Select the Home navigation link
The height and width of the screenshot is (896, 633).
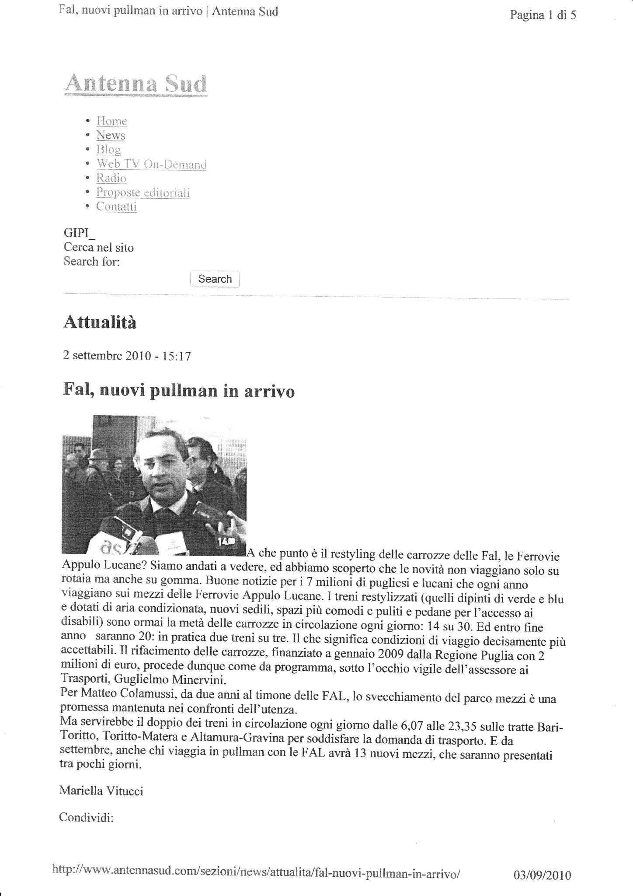click(x=112, y=121)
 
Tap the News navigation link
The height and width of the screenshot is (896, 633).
click(x=111, y=135)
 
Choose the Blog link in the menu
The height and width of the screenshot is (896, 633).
click(x=108, y=150)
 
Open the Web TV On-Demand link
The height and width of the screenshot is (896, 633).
click(x=151, y=164)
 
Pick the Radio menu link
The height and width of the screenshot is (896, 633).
click(x=111, y=178)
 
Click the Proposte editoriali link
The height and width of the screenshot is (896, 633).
click(x=143, y=192)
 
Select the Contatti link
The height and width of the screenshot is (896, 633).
click(x=116, y=206)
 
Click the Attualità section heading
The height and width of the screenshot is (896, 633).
click(x=100, y=323)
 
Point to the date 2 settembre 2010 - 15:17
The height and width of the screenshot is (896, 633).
click(x=127, y=356)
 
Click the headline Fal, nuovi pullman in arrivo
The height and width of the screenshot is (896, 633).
click(x=179, y=390)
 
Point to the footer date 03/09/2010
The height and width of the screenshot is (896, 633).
click(x=542, y=864)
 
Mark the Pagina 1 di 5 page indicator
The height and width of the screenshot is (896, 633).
click(x=543, y=16)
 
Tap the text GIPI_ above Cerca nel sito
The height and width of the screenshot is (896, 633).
click(x=79, y=234)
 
